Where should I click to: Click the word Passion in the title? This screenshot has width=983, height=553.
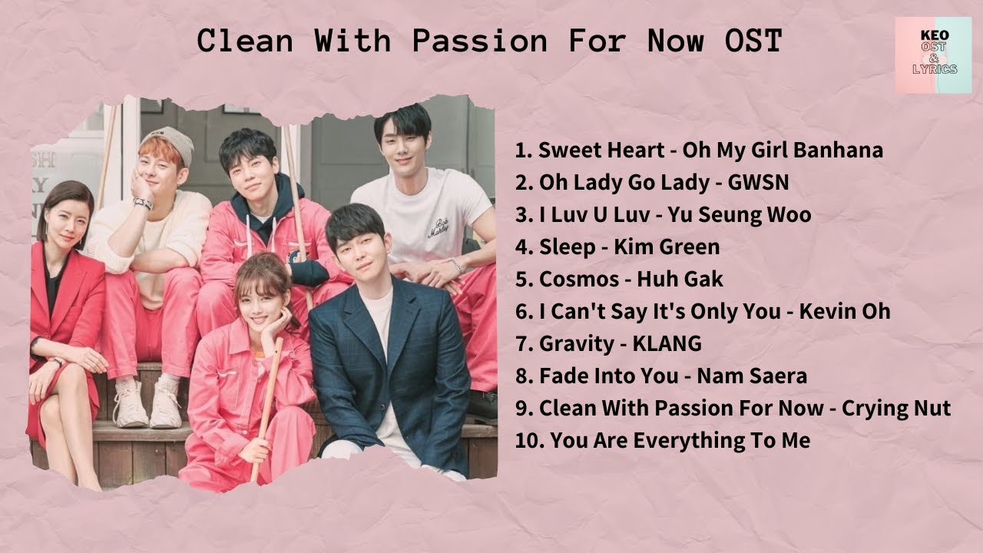coord(480,41)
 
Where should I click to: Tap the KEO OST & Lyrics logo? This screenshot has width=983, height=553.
coord(933,56)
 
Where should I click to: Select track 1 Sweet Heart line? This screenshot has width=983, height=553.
coord(699,150)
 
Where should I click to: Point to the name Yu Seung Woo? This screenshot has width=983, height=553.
coord(740,214)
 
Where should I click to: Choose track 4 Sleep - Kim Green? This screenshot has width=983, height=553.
coord(617,247)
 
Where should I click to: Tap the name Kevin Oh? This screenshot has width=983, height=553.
coord(845,311)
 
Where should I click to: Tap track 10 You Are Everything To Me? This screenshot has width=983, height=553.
coord(662,441)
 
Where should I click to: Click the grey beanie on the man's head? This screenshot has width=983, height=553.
coord(170,142)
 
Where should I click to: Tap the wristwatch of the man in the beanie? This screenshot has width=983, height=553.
coord(142,204)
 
